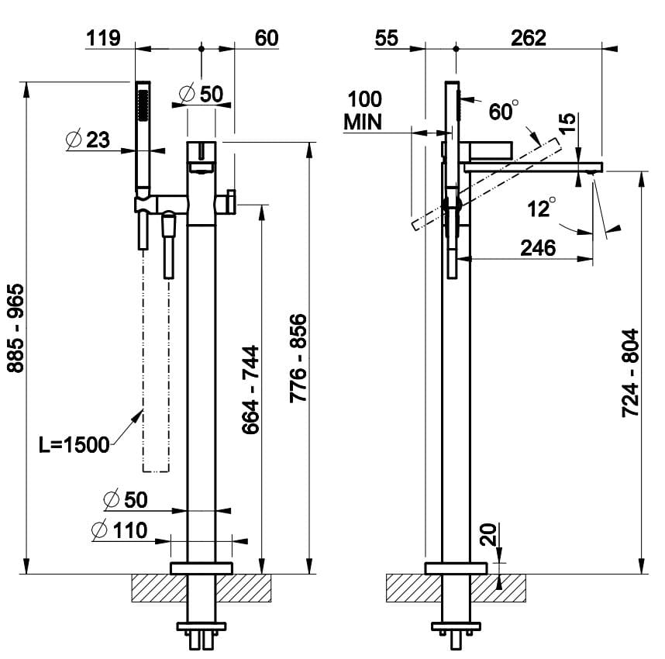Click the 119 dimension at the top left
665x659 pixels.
click(x=105, y=38)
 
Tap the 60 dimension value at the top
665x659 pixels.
click(x=266, y=38)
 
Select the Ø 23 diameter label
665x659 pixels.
click(x=88, y=140)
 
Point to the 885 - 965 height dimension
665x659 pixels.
click(x=16, y=328)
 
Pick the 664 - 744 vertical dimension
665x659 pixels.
click(x=250, y=388)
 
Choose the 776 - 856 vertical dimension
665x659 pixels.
click(x=298, y=358)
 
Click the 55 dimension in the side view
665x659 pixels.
click(x=387, y=38)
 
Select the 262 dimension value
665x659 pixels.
click(x=529, y=38)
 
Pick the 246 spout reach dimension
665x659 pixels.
click(x=538, y=248)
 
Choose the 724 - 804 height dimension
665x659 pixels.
click(x=631, y=373)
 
